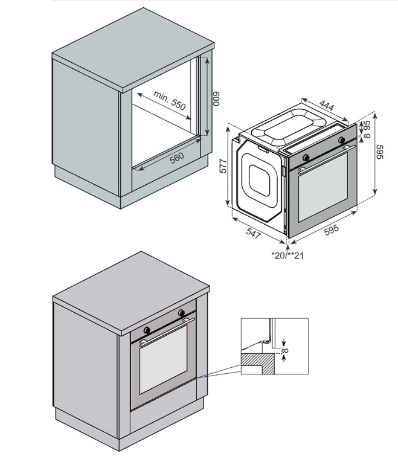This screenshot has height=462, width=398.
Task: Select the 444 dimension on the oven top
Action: [x=326, y=106]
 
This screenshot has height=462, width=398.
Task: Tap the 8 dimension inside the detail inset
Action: [x=286, y=350]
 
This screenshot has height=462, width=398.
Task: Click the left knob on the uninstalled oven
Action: [x=306, y=158]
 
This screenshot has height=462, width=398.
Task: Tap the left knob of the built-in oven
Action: [x=147, y=330]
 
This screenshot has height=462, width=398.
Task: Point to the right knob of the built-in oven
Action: [x=181, y=313]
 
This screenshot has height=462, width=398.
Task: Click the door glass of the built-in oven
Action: [x=164, y=368]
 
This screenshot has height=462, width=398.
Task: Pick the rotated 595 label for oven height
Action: [x=380, y=151]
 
